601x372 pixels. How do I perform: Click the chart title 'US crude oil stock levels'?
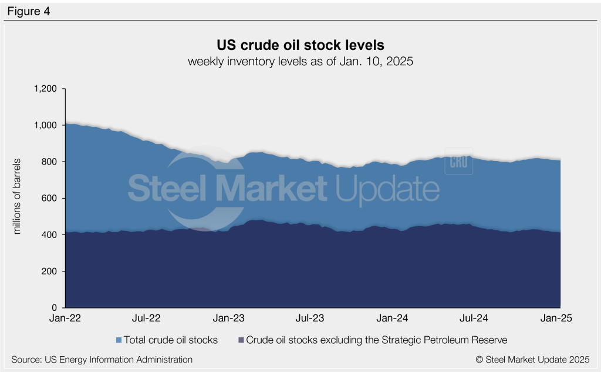(300, 45)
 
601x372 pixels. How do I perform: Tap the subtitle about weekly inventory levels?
(300, 62)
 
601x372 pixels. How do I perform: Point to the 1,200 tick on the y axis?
(45, 89)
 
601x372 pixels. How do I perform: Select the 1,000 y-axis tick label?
(45, 126)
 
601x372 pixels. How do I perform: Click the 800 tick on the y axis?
(49, 162)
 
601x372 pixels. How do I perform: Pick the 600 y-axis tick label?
(49, 199)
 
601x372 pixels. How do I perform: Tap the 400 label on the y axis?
(49, 235)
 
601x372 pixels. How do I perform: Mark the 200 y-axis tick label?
(49, 272)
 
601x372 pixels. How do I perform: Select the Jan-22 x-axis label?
(65, 319)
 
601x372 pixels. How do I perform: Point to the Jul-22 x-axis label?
(146, 319)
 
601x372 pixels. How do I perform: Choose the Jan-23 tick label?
(229, 319)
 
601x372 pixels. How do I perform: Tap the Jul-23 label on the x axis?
(310, 319)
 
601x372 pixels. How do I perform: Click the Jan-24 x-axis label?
(393, 319)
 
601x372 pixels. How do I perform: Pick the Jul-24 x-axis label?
(475, 319)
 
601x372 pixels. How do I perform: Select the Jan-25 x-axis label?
(557, 319)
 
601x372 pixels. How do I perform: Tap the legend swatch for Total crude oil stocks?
(120, 340)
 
